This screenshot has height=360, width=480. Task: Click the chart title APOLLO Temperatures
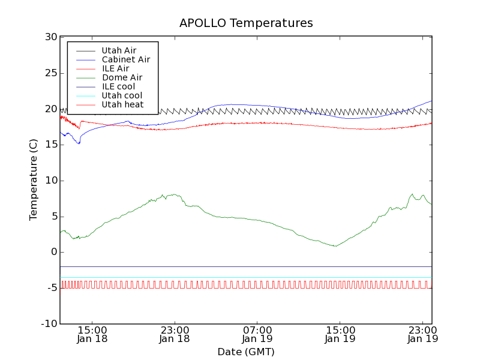(246, 23)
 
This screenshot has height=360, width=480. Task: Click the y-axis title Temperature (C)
(34, 180)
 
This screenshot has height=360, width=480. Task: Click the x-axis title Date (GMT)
(246, 352)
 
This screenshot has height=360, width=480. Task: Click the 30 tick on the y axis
(50, 37)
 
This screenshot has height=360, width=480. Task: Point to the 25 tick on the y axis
(50, 73)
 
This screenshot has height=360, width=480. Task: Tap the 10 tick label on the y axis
(50, 181)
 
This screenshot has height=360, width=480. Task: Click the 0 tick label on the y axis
(53, 252)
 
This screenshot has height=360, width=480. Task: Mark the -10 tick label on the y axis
(49, 324)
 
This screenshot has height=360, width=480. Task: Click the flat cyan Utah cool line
(240, 278)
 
